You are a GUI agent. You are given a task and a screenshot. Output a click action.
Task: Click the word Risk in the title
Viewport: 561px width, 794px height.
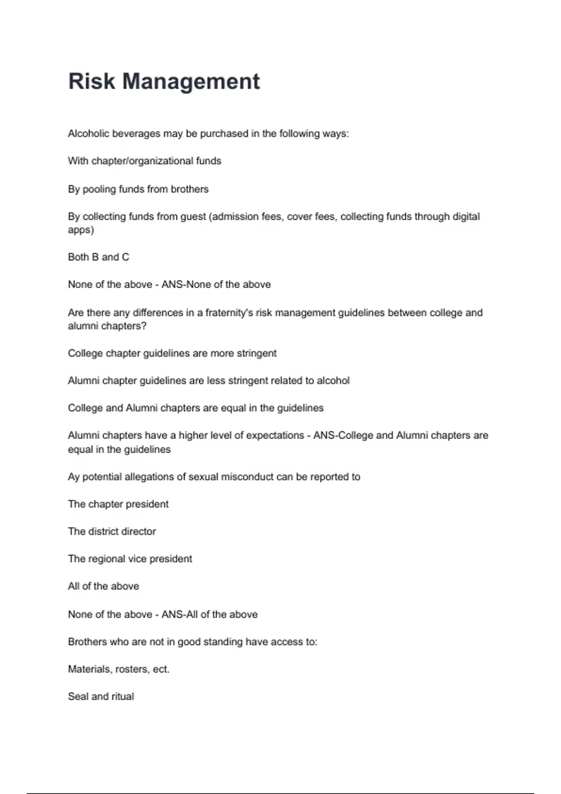click(92, 81)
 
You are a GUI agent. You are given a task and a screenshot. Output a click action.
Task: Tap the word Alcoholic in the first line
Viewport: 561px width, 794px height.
click(89, 134)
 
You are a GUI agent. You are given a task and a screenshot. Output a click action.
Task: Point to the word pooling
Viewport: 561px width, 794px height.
click(100, 189)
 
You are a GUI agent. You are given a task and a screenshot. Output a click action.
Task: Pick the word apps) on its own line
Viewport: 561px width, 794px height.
click(81, 230)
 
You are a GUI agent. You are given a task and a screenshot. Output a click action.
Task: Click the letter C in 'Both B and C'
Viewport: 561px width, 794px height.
click(125, 257)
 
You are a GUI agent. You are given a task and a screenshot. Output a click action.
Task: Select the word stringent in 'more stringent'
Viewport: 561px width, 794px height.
click(257, 353)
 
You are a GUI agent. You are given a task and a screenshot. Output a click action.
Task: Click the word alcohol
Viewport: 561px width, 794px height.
click(333, 381)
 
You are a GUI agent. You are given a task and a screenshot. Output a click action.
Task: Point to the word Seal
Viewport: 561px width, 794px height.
click(78, 696)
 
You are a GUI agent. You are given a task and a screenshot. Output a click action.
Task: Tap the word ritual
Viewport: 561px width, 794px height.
click(122, 696)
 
